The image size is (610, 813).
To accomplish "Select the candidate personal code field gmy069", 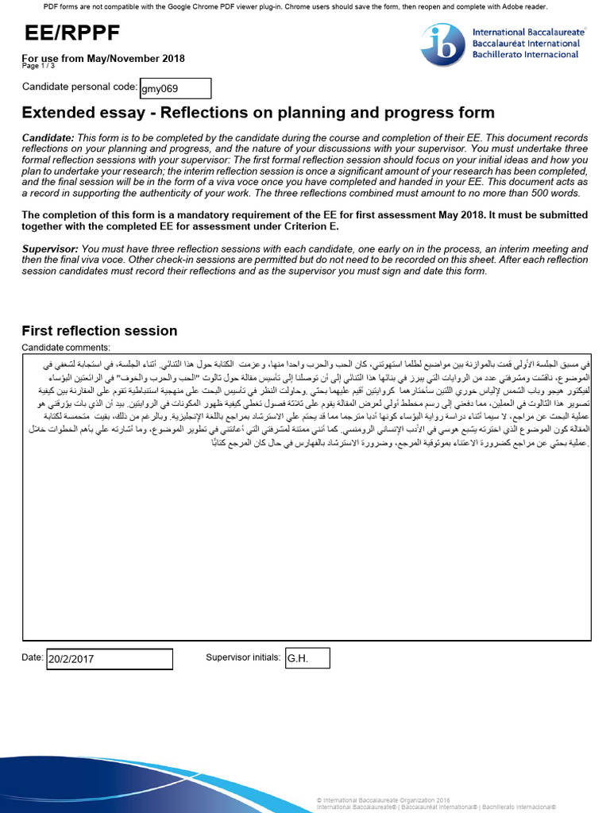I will point(176,89).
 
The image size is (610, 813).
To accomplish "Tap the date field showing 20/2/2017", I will point(110,659).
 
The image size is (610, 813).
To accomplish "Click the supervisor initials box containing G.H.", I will point(307,658).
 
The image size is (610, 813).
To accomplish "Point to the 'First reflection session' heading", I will point(99,331).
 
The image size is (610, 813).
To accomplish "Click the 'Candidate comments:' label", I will point(66,348).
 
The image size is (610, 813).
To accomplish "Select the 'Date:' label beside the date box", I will point(33,657).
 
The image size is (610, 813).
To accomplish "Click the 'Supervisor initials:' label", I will point(243,657).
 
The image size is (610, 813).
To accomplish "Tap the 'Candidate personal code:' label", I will point(79,87).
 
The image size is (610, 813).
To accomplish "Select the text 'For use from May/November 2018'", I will point(103,59).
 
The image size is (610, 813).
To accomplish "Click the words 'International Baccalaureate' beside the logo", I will point(526,33).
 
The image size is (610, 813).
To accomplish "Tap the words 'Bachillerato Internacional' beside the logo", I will point(525,55).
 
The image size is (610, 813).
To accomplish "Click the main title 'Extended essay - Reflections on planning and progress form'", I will point(258,113).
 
